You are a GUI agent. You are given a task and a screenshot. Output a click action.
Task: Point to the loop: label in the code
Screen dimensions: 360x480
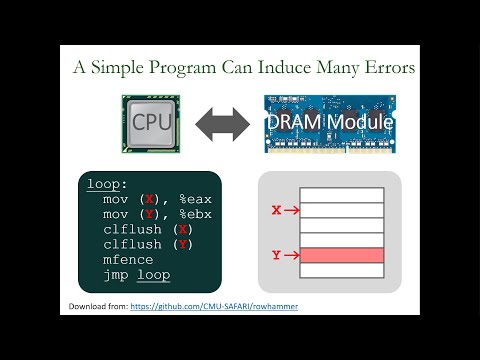(107, 184)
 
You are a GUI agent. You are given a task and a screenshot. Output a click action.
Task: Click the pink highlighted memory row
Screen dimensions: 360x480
(343, 256)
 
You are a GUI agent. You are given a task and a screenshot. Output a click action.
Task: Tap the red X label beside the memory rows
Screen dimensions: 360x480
(277, 211)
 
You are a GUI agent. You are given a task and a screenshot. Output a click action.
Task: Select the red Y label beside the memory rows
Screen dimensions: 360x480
(277, 256)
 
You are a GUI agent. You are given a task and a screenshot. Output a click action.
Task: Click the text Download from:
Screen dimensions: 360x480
(104, 305)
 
